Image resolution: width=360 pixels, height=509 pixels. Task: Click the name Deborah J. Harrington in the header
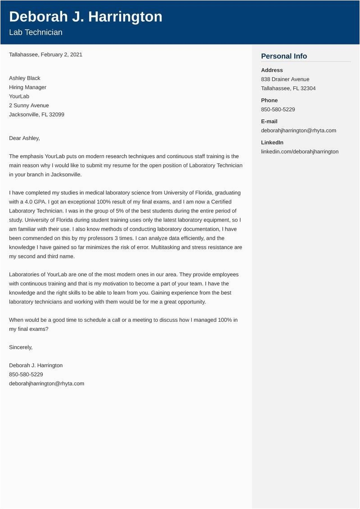point(85,17)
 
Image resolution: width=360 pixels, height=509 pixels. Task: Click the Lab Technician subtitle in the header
point(36,32)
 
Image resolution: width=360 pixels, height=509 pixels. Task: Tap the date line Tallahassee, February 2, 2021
point(45,54)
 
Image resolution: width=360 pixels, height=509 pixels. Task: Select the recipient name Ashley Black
point(24,78)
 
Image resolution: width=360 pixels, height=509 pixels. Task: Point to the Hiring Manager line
point(27,87)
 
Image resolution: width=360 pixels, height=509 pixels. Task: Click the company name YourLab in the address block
point(19,96)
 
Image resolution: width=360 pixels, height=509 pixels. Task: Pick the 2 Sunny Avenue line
point(29,105)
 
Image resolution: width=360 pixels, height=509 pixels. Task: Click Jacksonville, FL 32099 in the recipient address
point(36,114)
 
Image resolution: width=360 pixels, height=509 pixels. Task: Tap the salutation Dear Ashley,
point(24,138)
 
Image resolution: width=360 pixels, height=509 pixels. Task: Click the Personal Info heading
point(284,56)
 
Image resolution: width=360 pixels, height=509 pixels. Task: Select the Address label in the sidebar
point(272,70)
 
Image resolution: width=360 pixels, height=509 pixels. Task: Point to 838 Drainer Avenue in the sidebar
point(285,79)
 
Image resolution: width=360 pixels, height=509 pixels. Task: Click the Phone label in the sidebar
point(269,100)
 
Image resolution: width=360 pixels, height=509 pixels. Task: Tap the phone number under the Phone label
point(278,109)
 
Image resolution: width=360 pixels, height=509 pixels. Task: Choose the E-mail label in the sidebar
point(269,122)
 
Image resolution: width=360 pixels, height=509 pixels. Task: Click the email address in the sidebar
point(298,131)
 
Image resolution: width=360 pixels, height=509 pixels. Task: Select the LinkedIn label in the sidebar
point(272,143)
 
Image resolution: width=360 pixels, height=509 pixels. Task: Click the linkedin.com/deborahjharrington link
point(300,152)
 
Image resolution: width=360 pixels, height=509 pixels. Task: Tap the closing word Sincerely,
point(21,347)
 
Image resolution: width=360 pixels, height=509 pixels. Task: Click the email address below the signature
point(46,383)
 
